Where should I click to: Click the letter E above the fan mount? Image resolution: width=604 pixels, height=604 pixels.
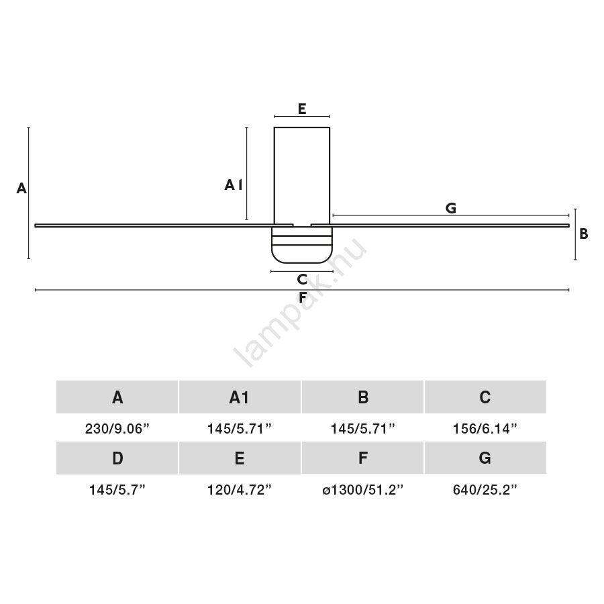point(302,109)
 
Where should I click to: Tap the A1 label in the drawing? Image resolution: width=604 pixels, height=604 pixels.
point(234,185)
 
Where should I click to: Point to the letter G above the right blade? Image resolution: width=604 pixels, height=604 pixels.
point(451,208)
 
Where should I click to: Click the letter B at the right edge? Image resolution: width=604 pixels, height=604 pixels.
point(584,234)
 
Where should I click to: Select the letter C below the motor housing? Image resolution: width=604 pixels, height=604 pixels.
point(302,279)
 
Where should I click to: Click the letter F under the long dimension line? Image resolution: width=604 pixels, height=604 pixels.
point(303,297)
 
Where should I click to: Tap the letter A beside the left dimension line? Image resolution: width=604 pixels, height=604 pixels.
point(21,189)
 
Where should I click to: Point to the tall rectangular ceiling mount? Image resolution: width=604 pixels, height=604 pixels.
point(302,176)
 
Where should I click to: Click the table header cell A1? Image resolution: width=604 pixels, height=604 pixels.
point(240,397)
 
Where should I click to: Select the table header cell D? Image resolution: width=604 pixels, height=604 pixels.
point(117,458)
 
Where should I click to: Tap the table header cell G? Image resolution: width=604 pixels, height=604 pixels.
point(485,458)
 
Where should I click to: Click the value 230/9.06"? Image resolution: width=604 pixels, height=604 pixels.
point(117,428)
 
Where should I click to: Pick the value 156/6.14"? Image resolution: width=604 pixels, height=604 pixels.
point(485,428)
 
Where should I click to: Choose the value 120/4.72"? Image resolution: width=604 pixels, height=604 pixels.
point(240,490)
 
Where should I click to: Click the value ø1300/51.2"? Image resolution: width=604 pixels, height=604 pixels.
point(362,490)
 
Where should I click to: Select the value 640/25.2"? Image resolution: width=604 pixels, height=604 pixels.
point(485,490)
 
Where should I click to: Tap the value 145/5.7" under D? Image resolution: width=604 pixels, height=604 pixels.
point(117,490)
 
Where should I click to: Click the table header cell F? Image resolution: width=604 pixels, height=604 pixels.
point(362,458)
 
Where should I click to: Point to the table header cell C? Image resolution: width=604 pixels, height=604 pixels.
point(485,397)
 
